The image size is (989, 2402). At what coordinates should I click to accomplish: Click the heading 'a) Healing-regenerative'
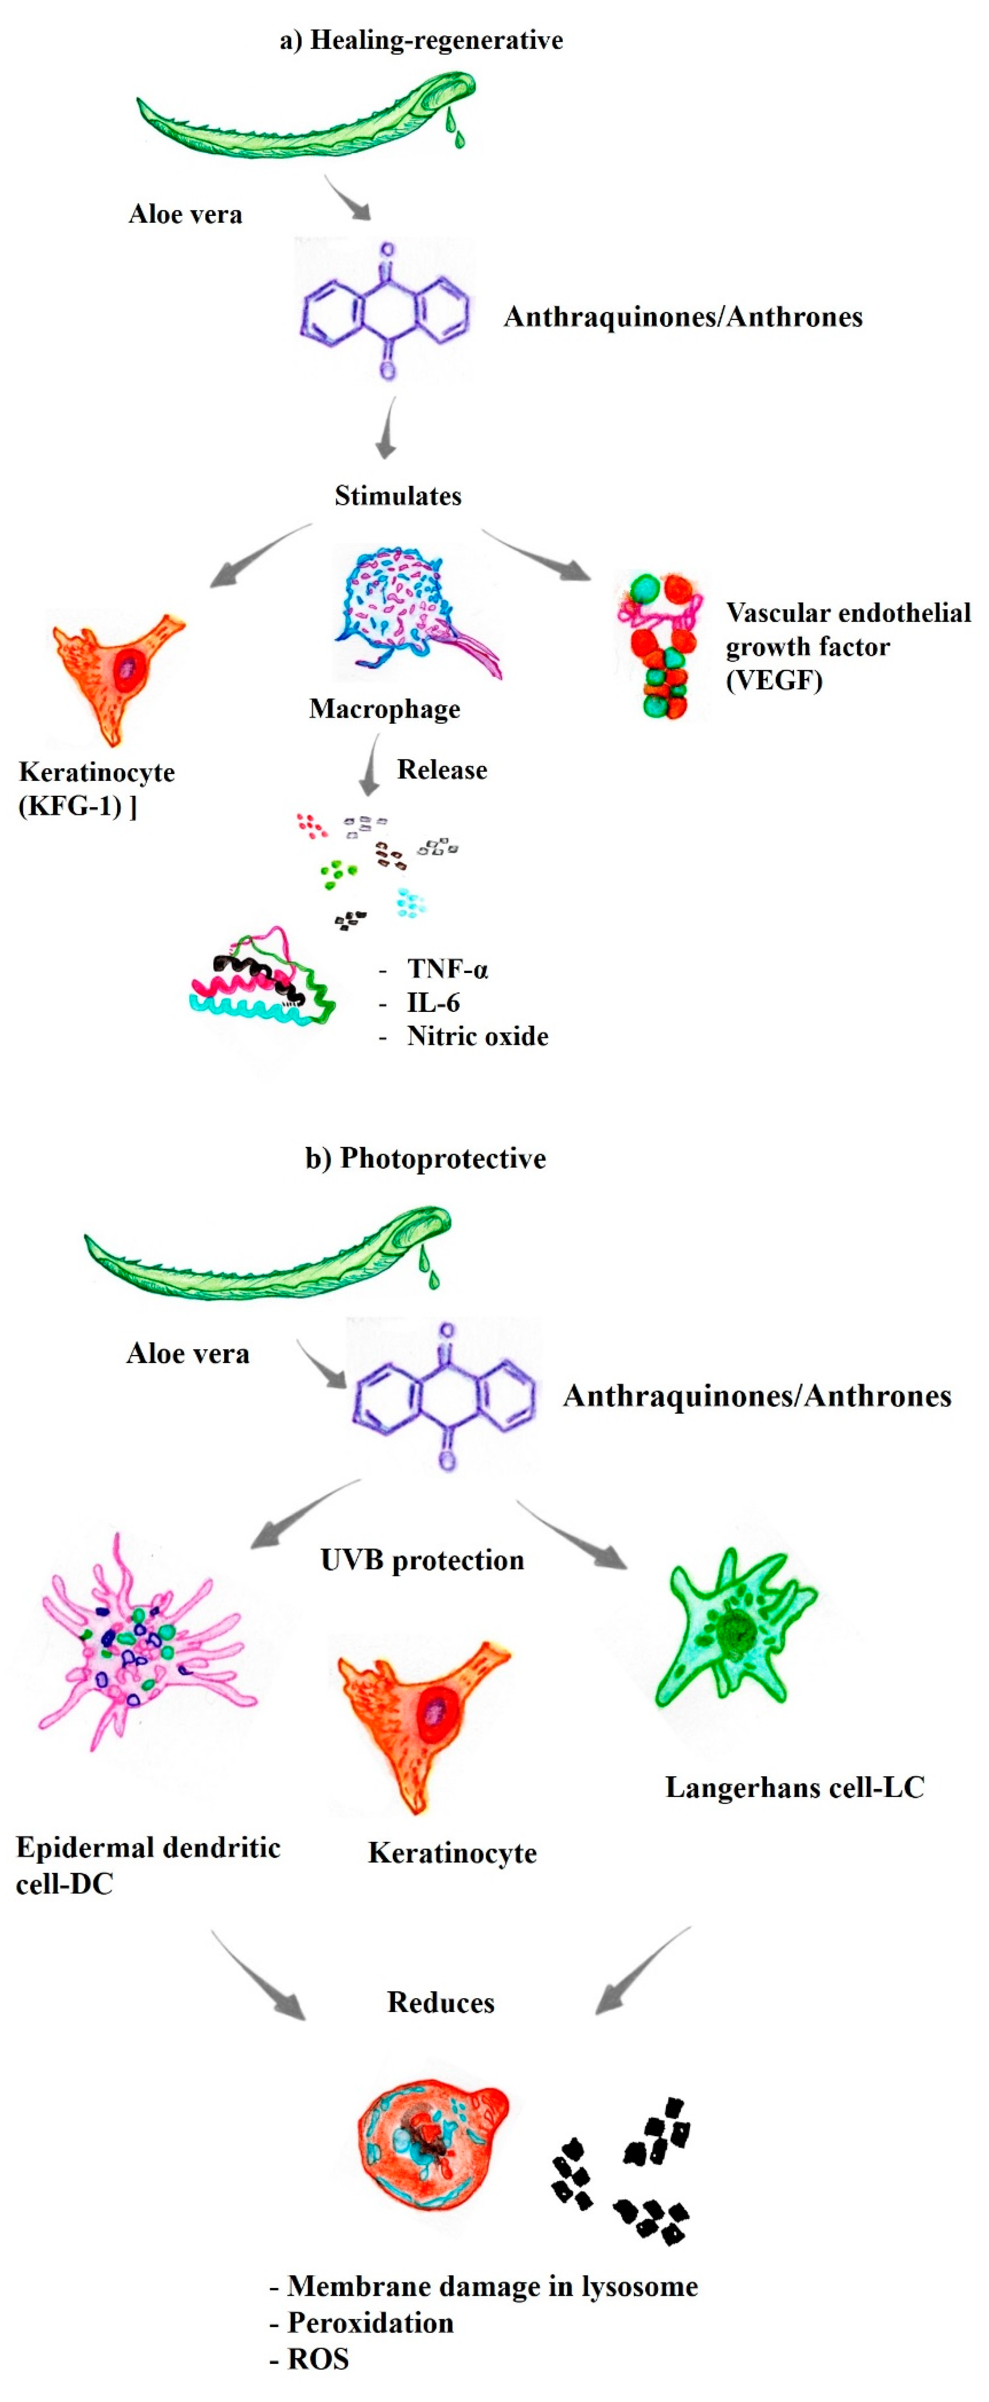(x=422, y=40)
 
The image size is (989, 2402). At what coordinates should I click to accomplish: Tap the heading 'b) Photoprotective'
(x=425, y=1158)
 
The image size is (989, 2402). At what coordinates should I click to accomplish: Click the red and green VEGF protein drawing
(x=660, y=645)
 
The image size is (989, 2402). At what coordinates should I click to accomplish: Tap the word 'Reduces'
(x=441, y=2002)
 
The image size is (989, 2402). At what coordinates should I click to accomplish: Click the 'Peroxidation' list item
(x=370, y=2323)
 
